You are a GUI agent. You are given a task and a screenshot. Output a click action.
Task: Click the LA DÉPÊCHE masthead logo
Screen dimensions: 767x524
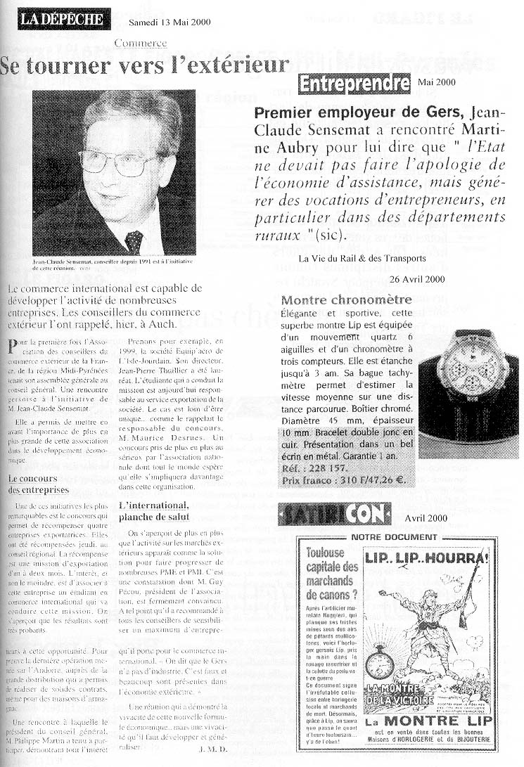click(x=63, y=19)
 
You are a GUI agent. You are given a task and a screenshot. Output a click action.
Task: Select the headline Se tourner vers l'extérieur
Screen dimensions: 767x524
click(x=144, y=66)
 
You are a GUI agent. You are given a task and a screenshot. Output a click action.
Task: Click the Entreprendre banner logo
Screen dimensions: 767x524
click(x=354, y=84)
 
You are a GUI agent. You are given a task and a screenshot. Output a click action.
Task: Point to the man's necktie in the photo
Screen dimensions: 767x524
click(x=133, y=241)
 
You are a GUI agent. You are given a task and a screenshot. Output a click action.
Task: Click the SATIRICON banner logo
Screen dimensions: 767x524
click(x=333, y=515)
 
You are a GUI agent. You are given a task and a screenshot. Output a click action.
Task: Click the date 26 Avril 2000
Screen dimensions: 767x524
click(x=416, y=279)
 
